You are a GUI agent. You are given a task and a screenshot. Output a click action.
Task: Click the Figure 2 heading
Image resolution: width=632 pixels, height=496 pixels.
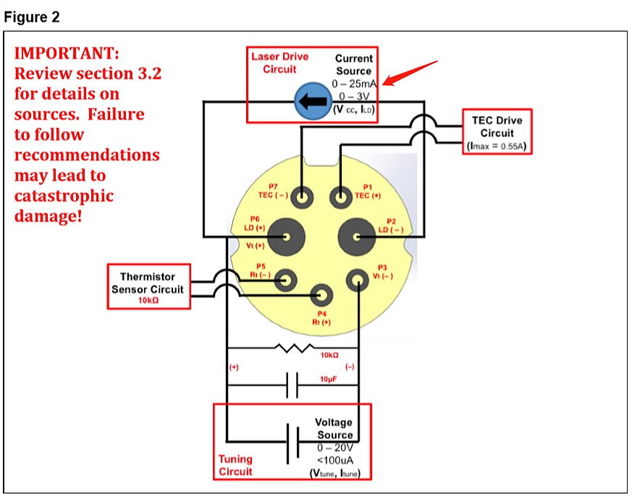32,17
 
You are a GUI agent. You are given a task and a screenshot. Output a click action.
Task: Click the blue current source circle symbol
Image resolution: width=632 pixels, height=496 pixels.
311,102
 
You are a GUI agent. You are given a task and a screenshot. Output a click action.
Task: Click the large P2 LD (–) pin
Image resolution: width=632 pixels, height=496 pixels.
356,236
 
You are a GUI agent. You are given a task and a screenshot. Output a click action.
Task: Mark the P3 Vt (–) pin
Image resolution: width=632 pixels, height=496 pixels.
358,279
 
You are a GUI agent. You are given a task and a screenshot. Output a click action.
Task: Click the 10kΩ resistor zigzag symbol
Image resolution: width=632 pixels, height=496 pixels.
292,348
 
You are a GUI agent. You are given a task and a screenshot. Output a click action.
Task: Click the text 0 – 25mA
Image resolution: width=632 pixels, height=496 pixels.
353,84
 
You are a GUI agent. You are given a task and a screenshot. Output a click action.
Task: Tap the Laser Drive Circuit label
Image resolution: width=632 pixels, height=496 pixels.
279,63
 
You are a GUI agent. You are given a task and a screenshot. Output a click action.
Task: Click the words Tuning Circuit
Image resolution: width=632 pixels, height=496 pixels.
235,465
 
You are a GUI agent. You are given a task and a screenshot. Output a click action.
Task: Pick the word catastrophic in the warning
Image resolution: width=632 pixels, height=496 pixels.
64,196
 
